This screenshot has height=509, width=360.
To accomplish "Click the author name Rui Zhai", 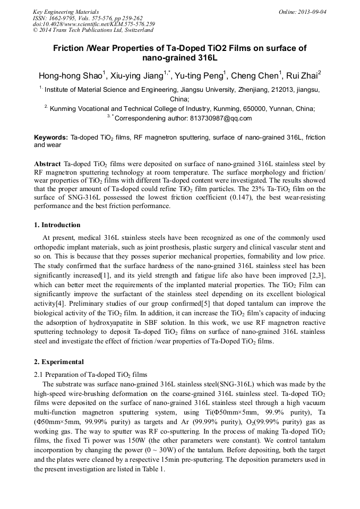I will [304, 76].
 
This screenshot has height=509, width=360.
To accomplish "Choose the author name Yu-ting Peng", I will [202, 76].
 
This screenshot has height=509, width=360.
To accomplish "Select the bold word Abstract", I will [47, 164].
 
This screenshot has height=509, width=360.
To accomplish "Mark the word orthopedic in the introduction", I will [53, 247].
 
